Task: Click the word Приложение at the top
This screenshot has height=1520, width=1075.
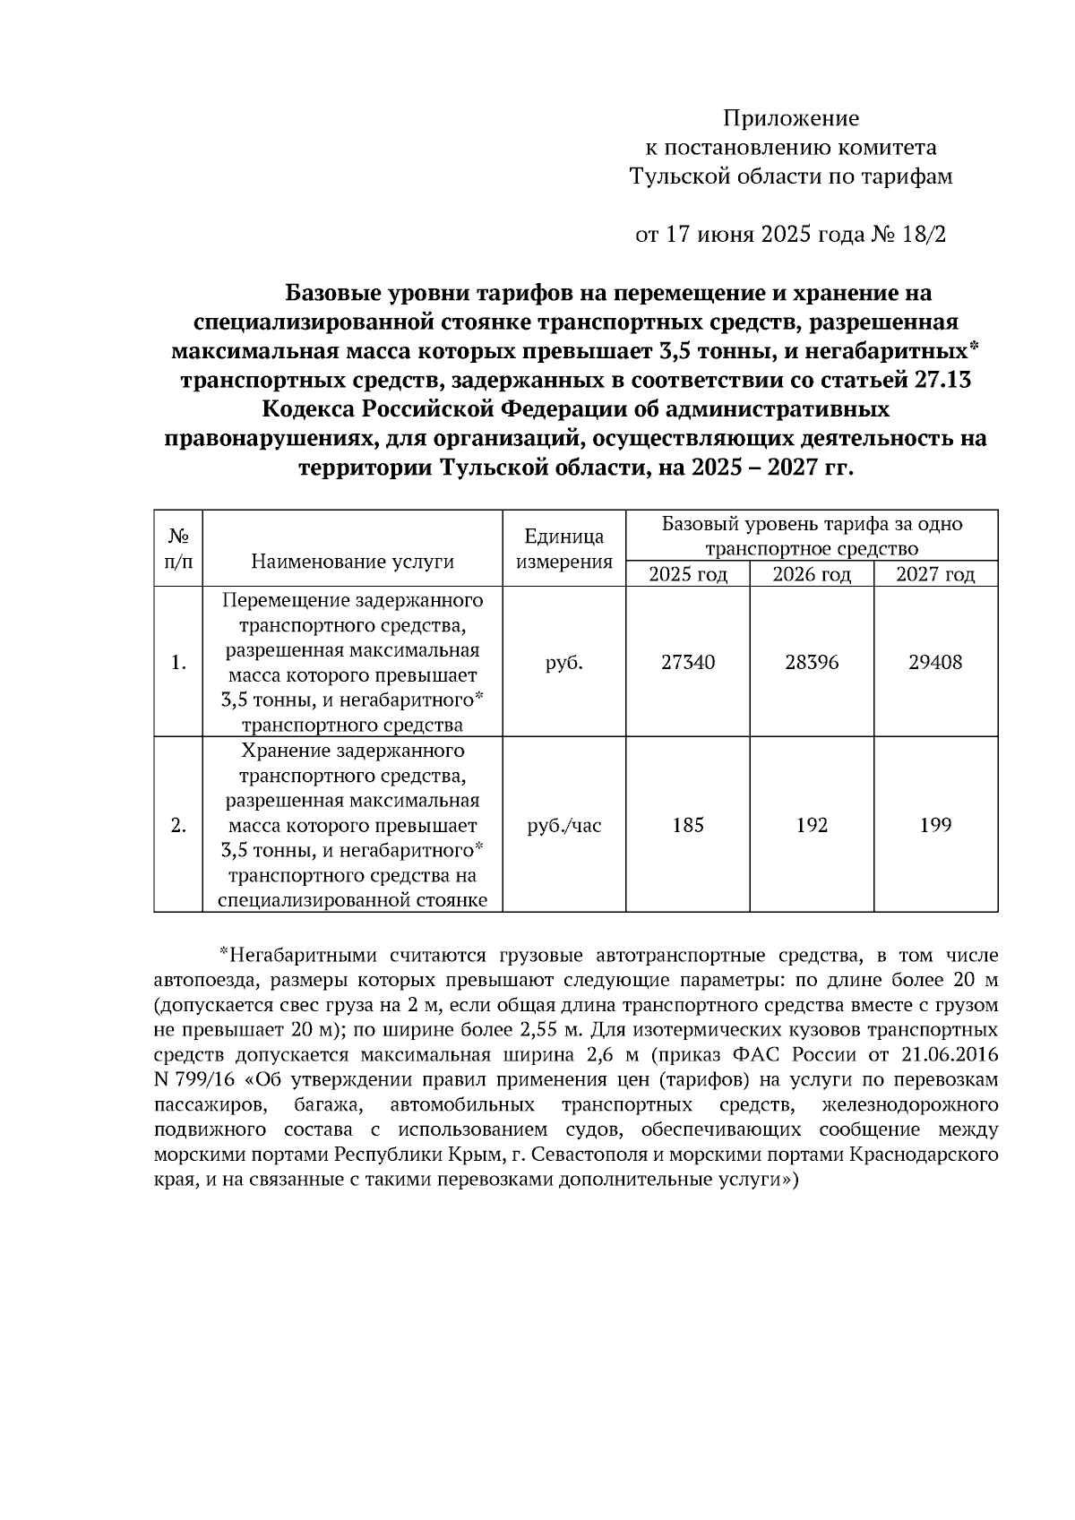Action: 790,118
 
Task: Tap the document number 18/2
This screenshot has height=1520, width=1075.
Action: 925,235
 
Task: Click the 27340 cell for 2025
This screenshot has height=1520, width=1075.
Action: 688,663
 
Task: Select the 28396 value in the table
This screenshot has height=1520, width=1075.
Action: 812,663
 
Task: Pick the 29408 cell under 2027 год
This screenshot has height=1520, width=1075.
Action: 935,663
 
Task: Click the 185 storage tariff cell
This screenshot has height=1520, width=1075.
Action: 688,825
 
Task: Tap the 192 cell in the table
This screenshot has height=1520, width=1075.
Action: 812,825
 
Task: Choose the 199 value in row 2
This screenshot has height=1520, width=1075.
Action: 935,825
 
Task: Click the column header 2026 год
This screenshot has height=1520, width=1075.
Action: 812,574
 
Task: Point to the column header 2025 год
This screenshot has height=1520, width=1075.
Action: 688,574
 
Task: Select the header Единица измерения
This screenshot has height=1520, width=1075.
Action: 563,549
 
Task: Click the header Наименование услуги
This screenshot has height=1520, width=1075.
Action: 352,562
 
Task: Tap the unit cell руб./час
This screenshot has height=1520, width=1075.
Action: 563,825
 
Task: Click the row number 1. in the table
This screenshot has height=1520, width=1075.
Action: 178,663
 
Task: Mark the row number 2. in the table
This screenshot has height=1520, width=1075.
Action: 178,825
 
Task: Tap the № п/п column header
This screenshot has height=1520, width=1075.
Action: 178,549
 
